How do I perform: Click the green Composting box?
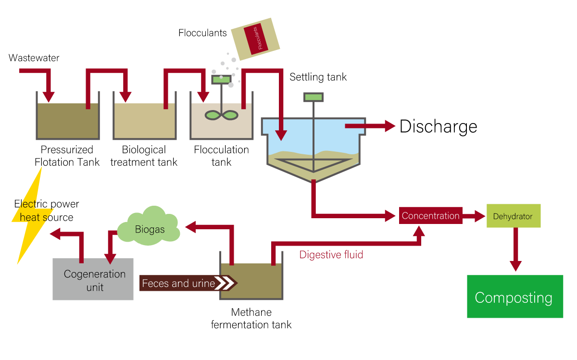(514, 297)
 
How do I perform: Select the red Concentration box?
(430, 216)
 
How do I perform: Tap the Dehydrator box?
(513, 216)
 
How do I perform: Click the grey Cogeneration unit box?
(93, 279)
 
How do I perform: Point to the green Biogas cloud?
(149, 227)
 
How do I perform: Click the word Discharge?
(438, 126)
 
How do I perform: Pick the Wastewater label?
(34, 58)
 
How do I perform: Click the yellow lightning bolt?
(29, 226)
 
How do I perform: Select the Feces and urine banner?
(188, 283)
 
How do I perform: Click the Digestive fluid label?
(331, 255)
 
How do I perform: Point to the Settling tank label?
(318, 77)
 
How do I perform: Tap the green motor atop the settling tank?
(314, 97)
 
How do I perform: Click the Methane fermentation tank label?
(251, 319)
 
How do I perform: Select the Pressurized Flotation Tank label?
(67, 156)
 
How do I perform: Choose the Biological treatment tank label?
(144, 156)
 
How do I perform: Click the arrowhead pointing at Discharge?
(389, 126)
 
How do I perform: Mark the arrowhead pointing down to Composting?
(515, 266)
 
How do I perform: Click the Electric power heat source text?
(47, 211)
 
